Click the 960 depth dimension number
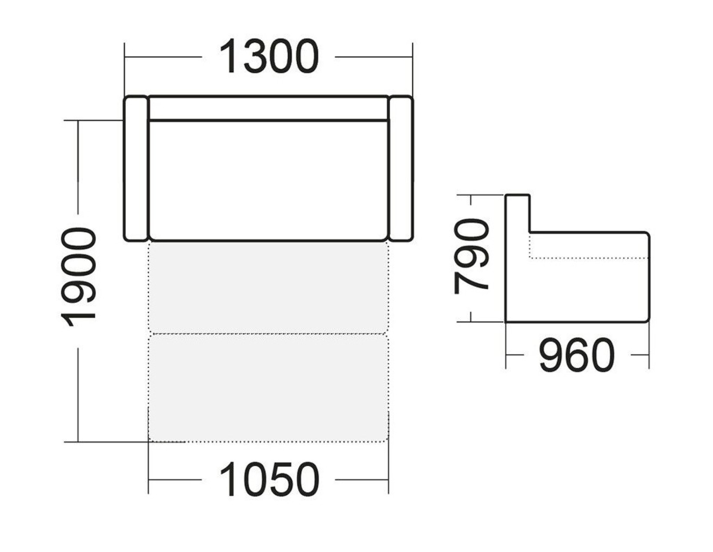pyautogui.click(x=576, y=355)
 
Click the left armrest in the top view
pyautogui.click(x=136, y=169)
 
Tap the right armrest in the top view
pyautogui.click(x=401, y=169)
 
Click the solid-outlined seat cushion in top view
pyautogui.click(x=269, y=181)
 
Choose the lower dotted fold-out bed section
pyautogui.click(x=268, y=388)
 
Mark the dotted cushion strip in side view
pyautogui.click(x=589, y=245)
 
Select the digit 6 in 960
pyautogui.click(x=576, y=355)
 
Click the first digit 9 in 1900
pyautogui.click(x=78, y=291)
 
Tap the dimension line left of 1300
pyautogui.click(x=163, y=57)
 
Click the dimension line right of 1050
pyautogui.click(x=362, y=479)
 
